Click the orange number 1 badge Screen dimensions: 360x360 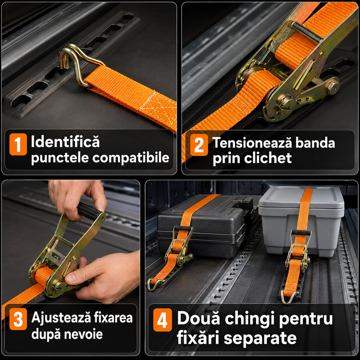pyautogui.click(x=18, y=144)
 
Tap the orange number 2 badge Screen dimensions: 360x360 pyautogui.click(x=199, y=145)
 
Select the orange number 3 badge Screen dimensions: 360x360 pyautogui.click(x=18, y=319)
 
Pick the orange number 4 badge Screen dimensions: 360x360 pyautogui.click(x=162, y=320)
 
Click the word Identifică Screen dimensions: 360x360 pyautogui.click(x=65, y=141)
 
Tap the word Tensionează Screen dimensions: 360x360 pyautogui.click(x=252, y=143)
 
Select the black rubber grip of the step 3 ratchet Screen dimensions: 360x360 pyautogui.click(x=88, y=211)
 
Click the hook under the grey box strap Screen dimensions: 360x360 pyautogui.click(x=290, y=297)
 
